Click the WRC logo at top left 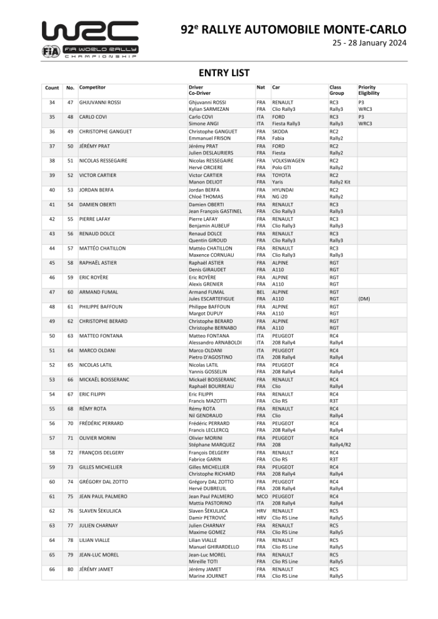click(89, 39)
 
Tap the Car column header click(276, 87)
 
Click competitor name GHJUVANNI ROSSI click(100, 102)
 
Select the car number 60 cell click(70, 291)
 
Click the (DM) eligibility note click(364, 299)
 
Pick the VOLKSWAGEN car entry click(288, 160)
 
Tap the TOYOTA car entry click(282, 175)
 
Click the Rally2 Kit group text click(340, 182)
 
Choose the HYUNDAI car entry click(283, 189)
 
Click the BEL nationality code click(260, 291)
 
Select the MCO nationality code click(261, 496)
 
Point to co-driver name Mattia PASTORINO click(211, 503)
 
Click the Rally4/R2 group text click(341, 445)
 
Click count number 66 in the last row click(52, 569)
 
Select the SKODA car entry click(280, 131)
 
